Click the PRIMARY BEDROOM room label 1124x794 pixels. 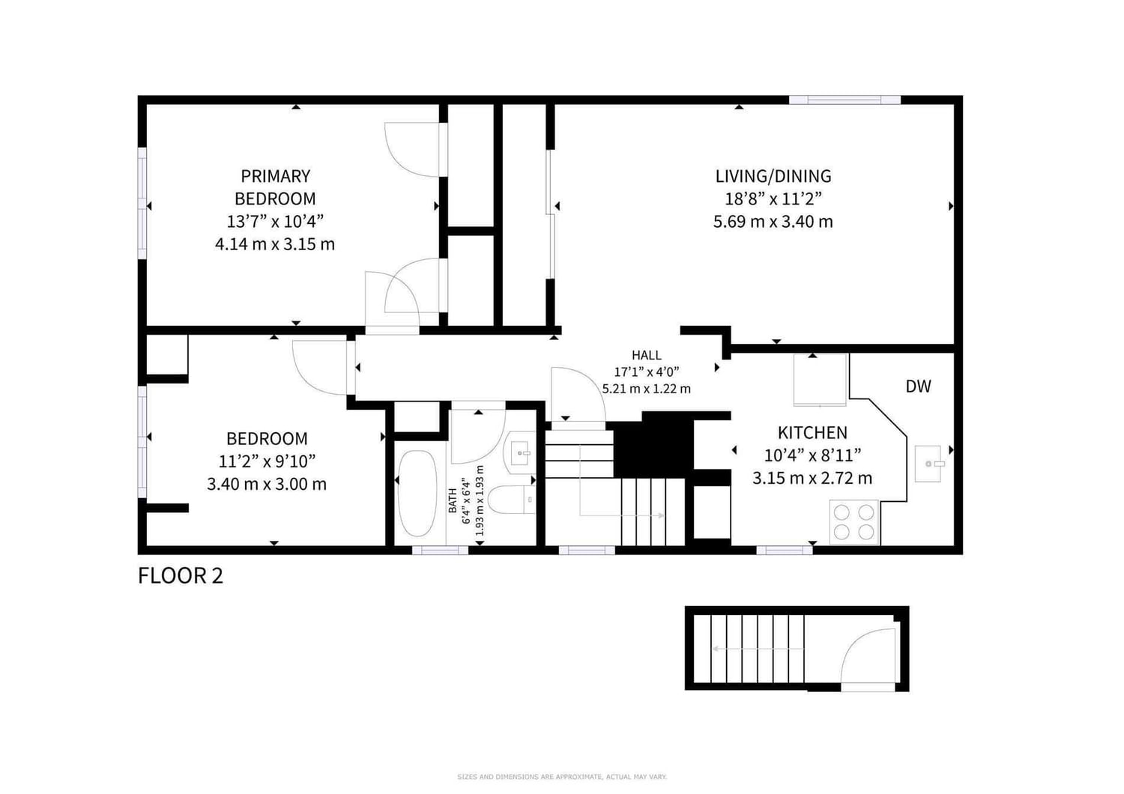pos(275,187)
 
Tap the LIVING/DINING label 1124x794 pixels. pos(773,176)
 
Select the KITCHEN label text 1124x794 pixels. pos(812,432)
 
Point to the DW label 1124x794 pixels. pos(918,387)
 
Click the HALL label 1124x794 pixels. pos(646,355)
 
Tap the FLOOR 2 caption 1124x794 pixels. pos(180,576)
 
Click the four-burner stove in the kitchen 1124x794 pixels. pos(854,521)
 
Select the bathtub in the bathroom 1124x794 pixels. pos(417,493)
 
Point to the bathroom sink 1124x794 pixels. pos(520,453)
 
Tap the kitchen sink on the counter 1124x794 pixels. pos(929,464)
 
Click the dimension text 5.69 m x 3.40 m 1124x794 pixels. pos(773,221)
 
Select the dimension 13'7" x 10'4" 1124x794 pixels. pos(275,221)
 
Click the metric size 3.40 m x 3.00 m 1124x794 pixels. pos(267,484)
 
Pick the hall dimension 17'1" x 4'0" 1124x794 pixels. pos(646,372)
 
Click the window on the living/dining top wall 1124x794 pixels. pos(845,100)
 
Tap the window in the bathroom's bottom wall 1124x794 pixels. pos(440,551)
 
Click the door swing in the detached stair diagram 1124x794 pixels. pos(868,655)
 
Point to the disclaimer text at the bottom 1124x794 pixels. pos(562,777)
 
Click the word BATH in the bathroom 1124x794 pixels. pos(453,500)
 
